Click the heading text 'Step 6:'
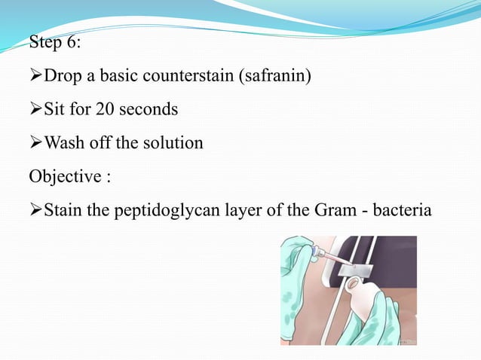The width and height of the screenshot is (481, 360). (55, 42)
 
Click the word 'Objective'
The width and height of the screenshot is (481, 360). (65, 175)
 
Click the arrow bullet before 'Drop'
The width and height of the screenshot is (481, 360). (35, 76)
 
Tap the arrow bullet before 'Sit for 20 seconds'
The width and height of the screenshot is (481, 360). (35, 109)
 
